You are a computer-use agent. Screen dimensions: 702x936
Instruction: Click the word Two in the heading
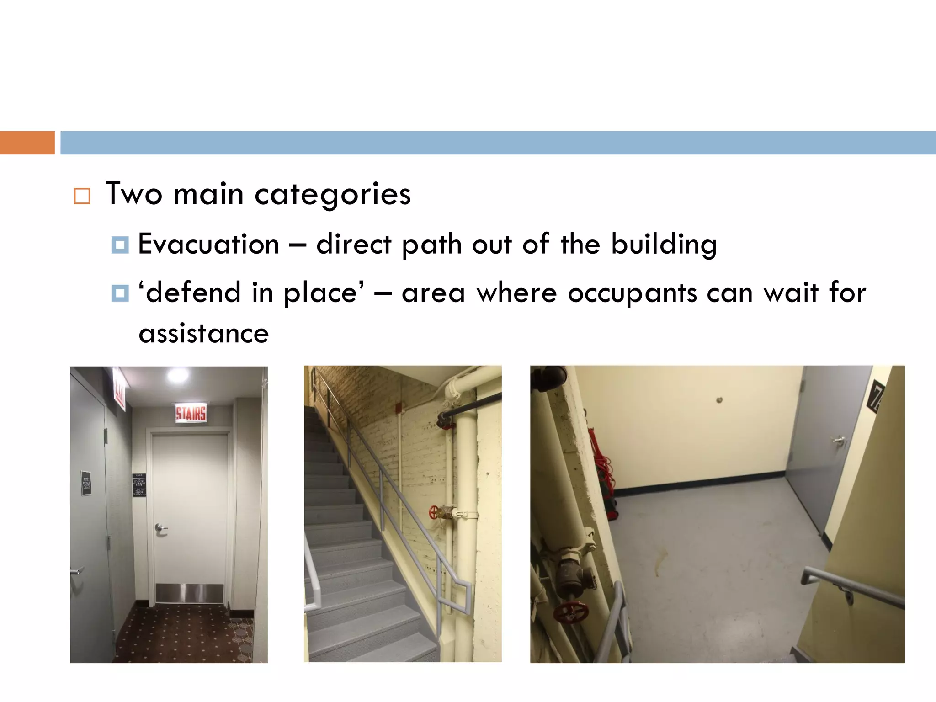click(134, 194)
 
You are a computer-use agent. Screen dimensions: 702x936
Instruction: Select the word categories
click(332, 195)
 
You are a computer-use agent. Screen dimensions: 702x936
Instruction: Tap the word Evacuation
click(208, 244)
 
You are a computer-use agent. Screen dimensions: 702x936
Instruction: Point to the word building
click(664, 244)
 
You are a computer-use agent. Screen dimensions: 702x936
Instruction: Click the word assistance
click(204, 334)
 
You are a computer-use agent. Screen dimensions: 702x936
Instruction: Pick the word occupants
click(632, 292)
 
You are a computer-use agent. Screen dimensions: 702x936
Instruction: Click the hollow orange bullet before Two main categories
click(82, 196)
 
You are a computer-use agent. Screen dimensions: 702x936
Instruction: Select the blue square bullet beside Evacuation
click(120, 245)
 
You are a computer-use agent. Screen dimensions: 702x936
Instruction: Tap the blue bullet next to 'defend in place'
click(120, 293)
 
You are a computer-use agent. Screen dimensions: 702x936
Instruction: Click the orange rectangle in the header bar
click(27, 143)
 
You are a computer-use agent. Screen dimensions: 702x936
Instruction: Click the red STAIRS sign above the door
click(191, 413)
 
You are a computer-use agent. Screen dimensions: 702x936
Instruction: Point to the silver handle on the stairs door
click(160, 529)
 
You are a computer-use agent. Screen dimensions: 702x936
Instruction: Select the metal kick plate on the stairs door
click(189, 593)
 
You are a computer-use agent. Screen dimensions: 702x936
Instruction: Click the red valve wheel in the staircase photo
click(435, 512)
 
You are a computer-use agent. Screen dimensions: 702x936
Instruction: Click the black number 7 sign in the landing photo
click(876, 396)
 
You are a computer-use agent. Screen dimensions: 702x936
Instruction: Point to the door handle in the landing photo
click(839, 440)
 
